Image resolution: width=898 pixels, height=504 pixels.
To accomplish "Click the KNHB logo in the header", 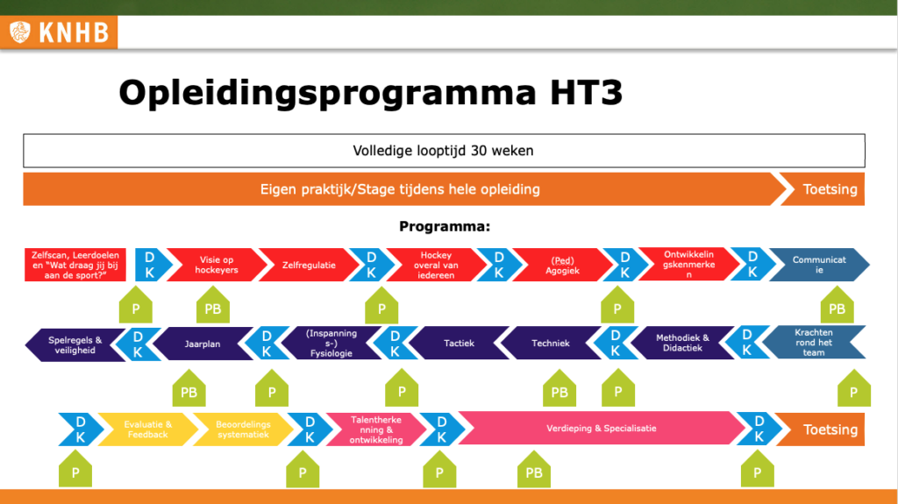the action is [59, 32].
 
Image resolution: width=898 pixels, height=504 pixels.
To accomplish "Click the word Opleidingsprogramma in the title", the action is [327, 93].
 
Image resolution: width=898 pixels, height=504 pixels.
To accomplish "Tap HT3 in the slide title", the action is [586, 92].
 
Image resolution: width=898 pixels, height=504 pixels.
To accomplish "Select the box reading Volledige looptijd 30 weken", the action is [444, 151].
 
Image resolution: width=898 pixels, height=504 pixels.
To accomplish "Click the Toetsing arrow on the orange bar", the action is [824, 189].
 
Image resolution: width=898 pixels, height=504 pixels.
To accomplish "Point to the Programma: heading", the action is [445, 227].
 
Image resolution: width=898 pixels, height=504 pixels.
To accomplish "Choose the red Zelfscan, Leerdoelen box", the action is [75, 265].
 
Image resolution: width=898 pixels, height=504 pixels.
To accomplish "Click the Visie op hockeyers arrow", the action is [217, 265].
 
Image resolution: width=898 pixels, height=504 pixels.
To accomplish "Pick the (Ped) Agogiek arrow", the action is [562, 265].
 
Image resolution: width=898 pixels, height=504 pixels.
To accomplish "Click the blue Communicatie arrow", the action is [819, 265].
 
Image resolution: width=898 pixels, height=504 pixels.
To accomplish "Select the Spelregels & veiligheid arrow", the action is [75, 344].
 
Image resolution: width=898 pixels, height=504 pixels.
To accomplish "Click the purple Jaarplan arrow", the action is [203, 344].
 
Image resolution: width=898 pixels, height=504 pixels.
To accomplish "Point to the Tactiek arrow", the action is [458, 343].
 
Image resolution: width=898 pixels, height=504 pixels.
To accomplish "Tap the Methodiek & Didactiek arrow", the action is [681, 343].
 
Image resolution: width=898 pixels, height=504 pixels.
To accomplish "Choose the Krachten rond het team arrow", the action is [814, 342].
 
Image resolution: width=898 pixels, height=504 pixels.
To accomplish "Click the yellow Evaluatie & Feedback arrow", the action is [147, 429].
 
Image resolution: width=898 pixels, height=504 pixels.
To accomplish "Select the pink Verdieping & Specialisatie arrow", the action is [602, 428].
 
